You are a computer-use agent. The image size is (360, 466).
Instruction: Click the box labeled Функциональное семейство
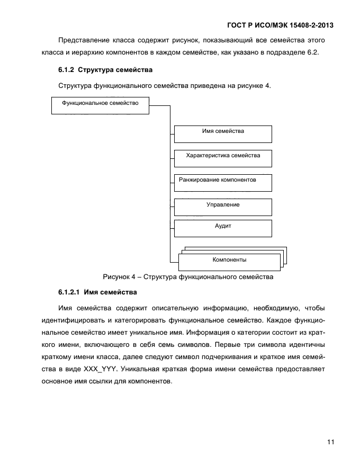pyautogui.click(x=101, y=105)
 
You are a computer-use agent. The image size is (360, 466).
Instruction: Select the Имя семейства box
pyautogui.click(x=223, y=134)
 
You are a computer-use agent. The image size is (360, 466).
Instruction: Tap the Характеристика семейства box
pyautogui.click(x=223, y=158)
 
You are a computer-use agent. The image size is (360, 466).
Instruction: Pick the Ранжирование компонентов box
pyautogui.click(x=223, y=182)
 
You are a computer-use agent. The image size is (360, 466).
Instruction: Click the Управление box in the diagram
pyautogui.click(x=223, y=207)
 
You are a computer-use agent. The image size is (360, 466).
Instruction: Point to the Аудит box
pyautogui.click(x=223, y=228)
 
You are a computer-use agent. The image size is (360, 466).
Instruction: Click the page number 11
pyautogui.click(x=330, y=442)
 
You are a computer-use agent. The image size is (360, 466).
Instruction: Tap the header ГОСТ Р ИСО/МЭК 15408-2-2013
pyautogui.click(x=280, y=25)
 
